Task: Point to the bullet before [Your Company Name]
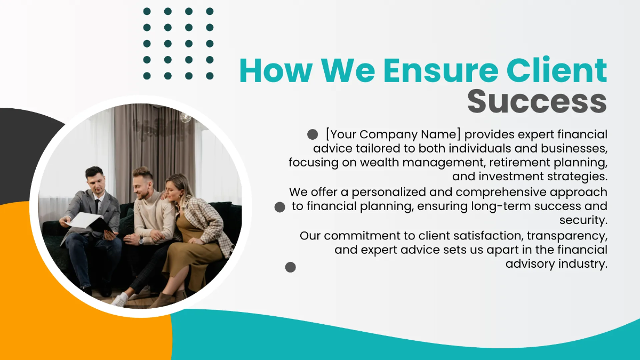[313, 134]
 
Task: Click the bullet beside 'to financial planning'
[279, 207]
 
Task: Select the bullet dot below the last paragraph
[290, 267]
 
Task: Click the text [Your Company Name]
[393, 134]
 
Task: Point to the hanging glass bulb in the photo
[185, 116]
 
